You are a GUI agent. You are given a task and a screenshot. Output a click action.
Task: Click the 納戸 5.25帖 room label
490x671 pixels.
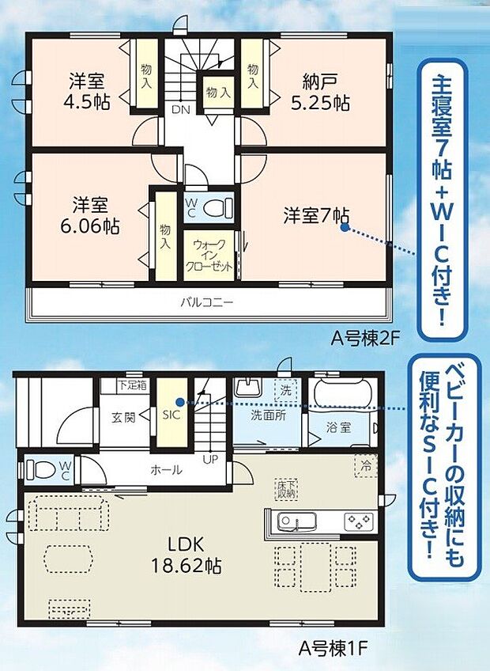[326, 92]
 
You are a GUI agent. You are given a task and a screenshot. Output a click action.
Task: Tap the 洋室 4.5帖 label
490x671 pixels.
[88, 92]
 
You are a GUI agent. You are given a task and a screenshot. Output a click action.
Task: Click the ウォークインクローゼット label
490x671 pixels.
[209, 255]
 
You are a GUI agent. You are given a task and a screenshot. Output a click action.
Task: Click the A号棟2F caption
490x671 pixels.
[366, 338]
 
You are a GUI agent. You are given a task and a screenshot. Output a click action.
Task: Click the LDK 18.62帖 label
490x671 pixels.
[186, 555]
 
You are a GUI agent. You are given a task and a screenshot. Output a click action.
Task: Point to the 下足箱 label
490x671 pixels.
[132, 386]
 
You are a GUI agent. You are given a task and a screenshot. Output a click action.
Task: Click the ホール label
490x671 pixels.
[166, 469]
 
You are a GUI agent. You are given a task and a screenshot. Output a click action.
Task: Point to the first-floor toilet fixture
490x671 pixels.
[41, 470]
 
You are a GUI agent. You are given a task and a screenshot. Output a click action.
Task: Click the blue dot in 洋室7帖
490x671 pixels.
[345, 226]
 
